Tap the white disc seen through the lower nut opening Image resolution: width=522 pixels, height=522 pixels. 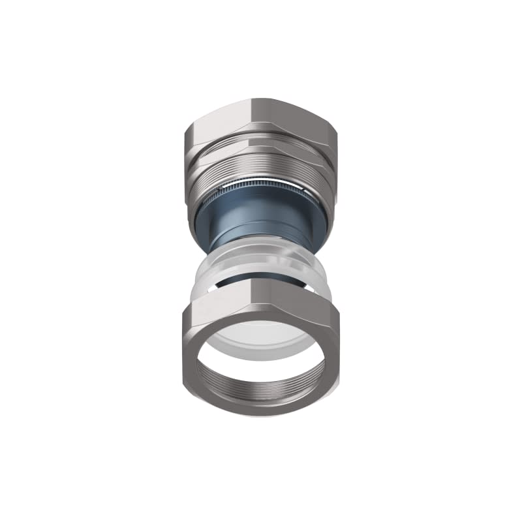[261, 339]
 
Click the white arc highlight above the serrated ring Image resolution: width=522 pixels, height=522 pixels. [261, 182]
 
